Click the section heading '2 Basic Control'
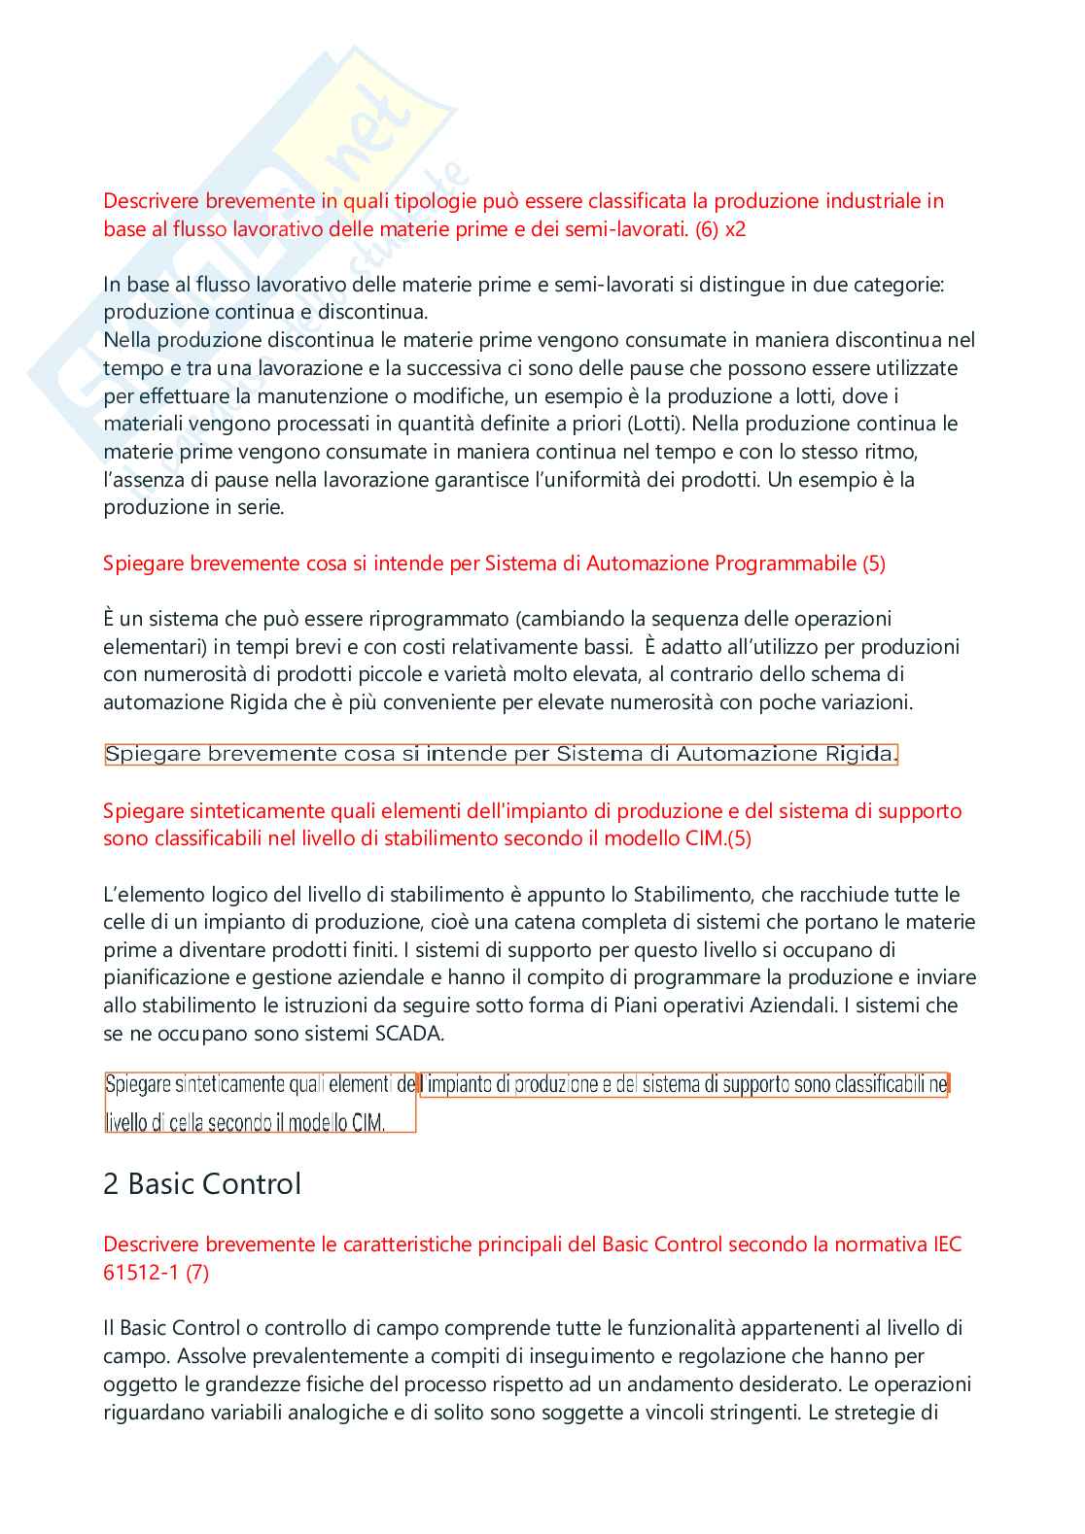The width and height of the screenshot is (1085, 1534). pyautogui.click(x=202, y=1184)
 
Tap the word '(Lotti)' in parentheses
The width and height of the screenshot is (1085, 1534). pyautogui.click(x=656, y=424)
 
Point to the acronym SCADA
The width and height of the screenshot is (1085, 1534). pyautogui.click(x=408, y=1034)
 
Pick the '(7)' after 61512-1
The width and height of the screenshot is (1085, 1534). pyautogui.click(x=197, y=1273)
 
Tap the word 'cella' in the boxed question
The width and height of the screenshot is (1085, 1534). pyautogui.click(x=185, y=1123)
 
